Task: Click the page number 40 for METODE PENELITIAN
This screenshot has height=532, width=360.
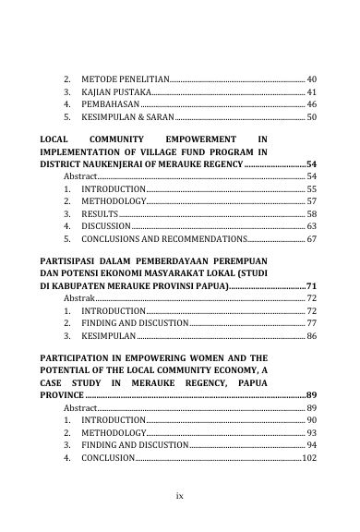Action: pyautogui.click(x=311, y=80)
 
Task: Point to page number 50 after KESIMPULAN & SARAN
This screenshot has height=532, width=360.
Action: pyautogui.click(x=311, y=119)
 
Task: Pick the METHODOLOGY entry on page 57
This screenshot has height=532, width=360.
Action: pyautogui.click(x=114, y=200)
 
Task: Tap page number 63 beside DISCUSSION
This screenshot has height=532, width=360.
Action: pyautogui.click(x=311, y=226)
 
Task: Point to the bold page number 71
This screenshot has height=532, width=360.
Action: pyautogui.click(x=311, y=288)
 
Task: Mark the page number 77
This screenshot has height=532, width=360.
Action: pyautogui.click(x=311, y=325)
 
